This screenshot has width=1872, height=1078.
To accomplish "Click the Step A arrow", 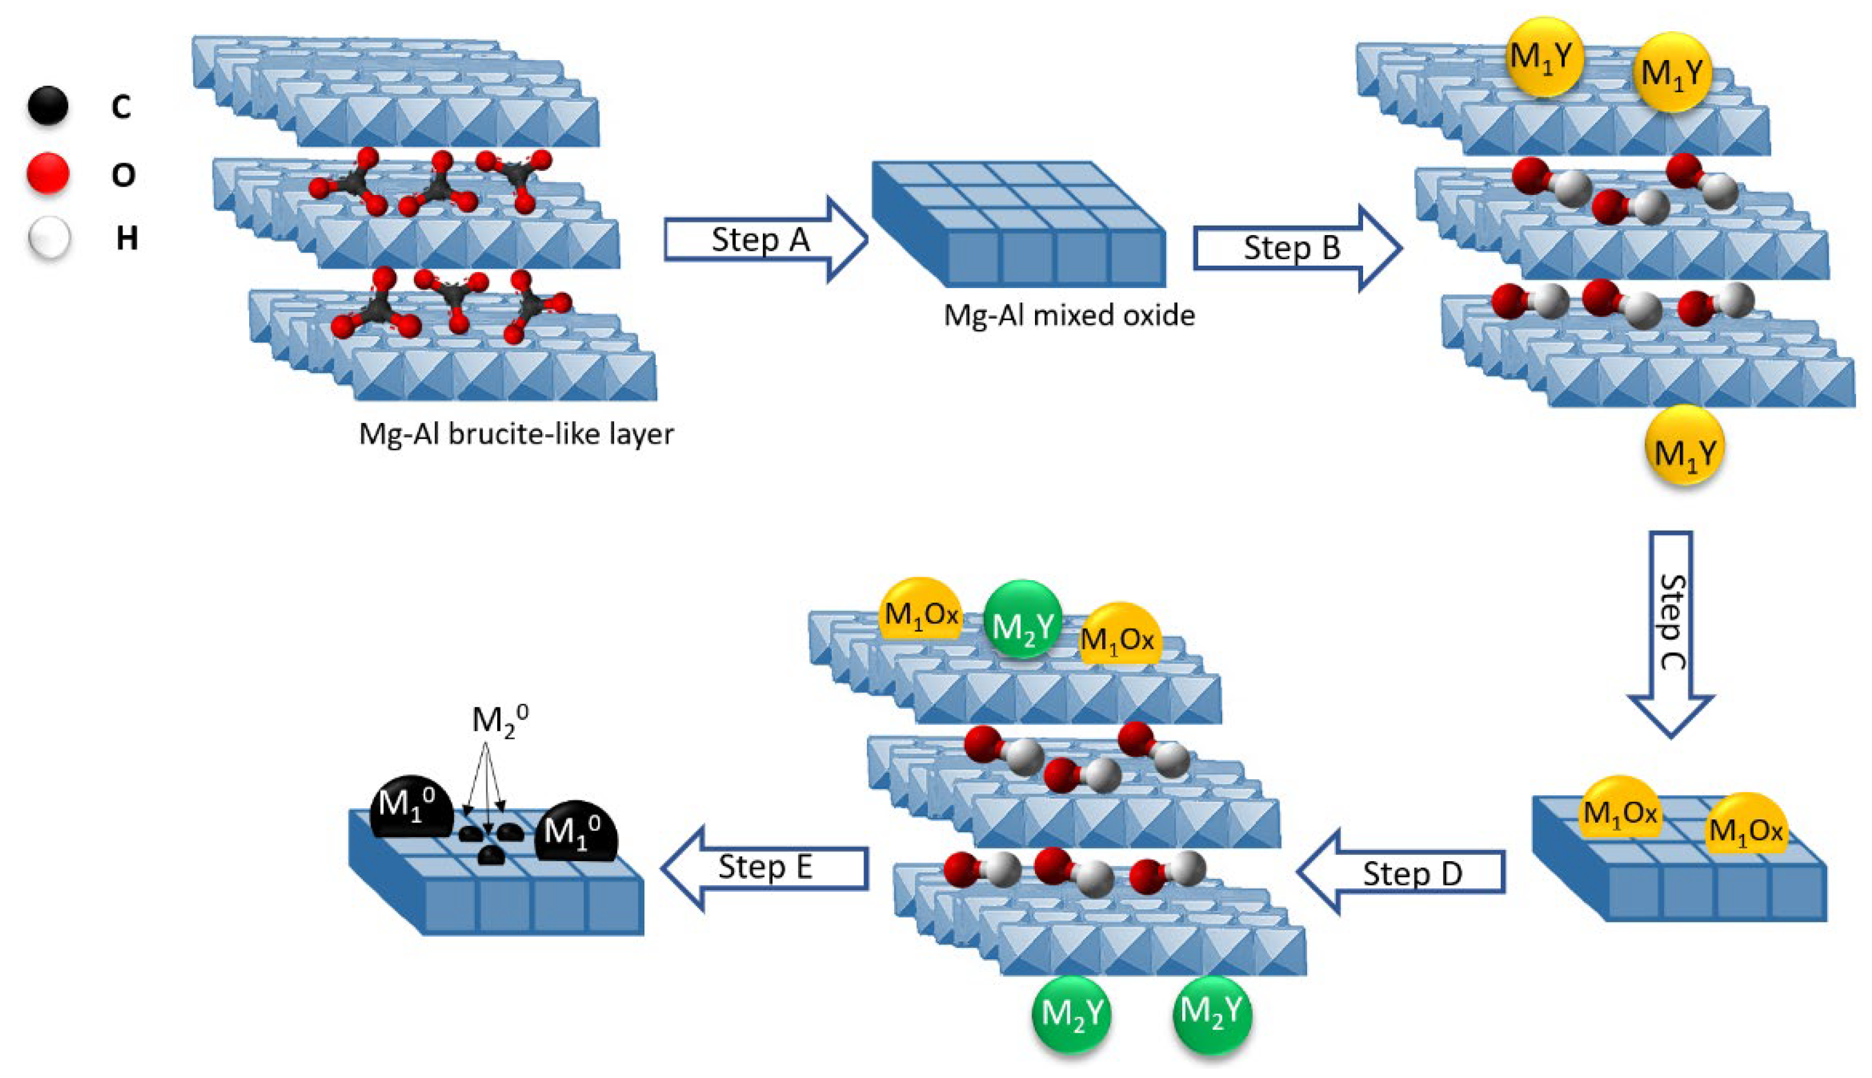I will point(762,239).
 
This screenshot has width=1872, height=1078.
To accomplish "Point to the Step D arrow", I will point(1403,873).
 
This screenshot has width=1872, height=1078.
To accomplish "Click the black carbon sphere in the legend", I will point(48,106).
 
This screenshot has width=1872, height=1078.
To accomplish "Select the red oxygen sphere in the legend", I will point(48,173).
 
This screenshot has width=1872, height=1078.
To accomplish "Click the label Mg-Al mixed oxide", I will point(1068,315).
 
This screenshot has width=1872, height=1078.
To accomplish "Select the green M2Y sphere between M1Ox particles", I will point(1022,619).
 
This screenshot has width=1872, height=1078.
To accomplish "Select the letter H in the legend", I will point(127,239).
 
